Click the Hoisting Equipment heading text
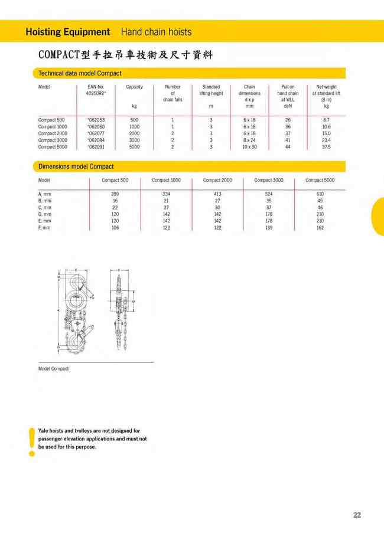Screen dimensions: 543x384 [x=68, y=32]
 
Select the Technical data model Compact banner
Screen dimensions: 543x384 [x=80, y=73]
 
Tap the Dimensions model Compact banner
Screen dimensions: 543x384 [x=76, y=166]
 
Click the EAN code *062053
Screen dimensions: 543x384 [x=95, y=120]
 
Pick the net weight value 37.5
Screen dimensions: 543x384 [x=326, y=147]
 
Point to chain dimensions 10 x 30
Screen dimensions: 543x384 [x=249, y=147]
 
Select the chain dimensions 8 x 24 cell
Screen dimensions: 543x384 [x=249, y=140]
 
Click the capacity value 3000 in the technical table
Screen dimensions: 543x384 [x=134, y=140]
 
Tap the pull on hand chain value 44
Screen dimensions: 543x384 [x=288, y=147]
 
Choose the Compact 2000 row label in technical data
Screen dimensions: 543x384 [x=53, y=133]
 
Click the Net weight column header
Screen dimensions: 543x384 [x=326, y=87]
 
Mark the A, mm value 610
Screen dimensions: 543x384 [x=320, y=194]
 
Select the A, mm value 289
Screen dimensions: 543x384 [x=115, y=194]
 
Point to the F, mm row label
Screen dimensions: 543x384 [x=44, y=228]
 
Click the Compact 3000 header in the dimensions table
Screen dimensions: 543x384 [x=269, y=180]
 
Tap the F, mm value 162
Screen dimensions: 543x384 [x=320, y=228]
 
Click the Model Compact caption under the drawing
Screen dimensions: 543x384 [x=53, y=369]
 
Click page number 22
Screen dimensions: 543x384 [x=357, y=515]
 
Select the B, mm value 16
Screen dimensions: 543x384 [x=115, y=201]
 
